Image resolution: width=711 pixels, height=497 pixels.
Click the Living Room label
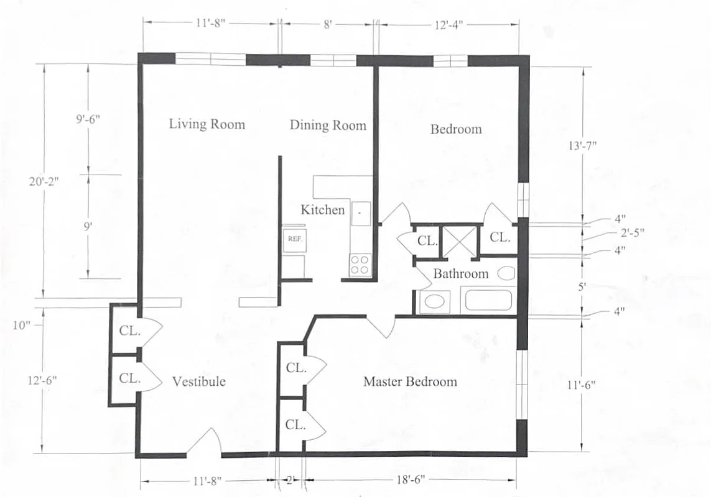pyautogui.click(x=207, y=124)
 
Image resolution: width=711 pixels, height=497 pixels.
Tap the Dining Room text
pyautogui.click(x=328, y=125)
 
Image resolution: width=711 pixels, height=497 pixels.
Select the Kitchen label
pyautogui.click(x=322, y=210)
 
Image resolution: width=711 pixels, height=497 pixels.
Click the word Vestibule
pyautogui.click(x=198, y=381)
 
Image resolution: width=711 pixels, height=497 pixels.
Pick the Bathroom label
pyautogui.click(x=460, y=274)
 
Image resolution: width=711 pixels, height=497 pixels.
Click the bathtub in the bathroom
pyautogui.click(x=488, y=301)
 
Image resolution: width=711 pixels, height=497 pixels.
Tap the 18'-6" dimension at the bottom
pyautogui.click(x=411, y=481)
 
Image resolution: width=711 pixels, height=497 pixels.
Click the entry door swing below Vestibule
pyautogui.click(x=204, y=443)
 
